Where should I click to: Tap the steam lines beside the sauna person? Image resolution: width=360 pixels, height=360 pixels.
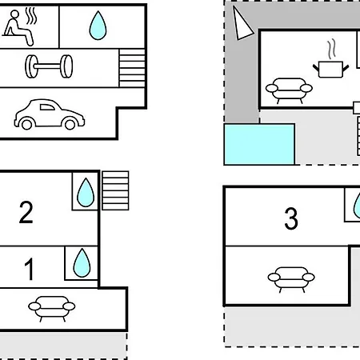point(31,16)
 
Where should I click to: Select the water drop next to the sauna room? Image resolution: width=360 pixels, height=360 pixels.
point(98,26)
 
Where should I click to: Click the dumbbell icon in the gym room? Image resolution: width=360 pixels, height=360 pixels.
point(49,66)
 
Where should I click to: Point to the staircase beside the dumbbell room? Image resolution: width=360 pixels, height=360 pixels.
point(132,68)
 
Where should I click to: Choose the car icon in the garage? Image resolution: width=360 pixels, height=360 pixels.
point(50,114)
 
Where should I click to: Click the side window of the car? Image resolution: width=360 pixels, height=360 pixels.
point(47,107)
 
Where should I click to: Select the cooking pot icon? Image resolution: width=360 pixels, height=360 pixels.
point(330,69)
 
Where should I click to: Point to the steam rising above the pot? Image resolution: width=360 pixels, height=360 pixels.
point(331,49)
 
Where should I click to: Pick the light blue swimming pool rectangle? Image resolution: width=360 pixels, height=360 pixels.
point(259,144)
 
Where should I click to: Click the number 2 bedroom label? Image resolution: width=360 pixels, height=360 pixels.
point(26,212)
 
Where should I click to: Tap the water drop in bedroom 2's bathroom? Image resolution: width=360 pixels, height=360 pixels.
point(86,192)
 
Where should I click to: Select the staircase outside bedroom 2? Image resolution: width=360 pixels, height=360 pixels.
point(115,190)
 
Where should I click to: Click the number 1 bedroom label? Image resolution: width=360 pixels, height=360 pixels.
point(30,269)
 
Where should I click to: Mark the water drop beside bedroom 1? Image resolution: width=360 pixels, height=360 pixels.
point(82,262)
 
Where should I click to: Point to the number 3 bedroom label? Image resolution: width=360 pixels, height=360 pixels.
point(291,218)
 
